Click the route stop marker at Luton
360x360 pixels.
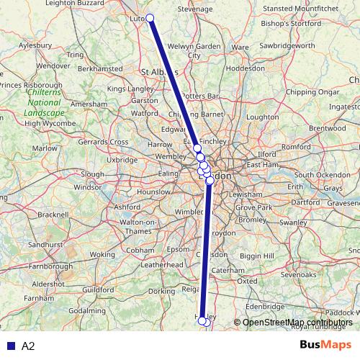[x=150, y=18]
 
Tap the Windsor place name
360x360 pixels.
[x=89, y=187]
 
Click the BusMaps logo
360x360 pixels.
[x=326, y=346]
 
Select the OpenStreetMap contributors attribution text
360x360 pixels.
[x=297, y=322]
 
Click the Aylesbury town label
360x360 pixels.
[x=36, y=45]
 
